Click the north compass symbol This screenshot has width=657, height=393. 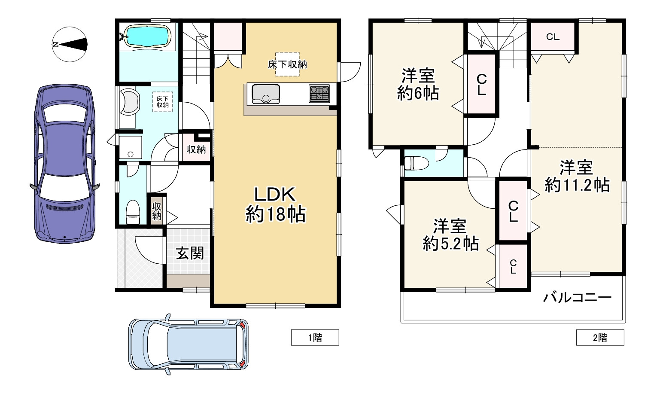(x=70, y=44)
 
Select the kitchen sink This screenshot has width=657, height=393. (x=266, y=94)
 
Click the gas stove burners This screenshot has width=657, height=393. (x=319, y=93)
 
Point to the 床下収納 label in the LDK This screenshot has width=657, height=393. (x=287, y=64)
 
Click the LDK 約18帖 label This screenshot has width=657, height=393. (x=275, y=204)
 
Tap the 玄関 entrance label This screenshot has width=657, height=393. (x=190, y=253)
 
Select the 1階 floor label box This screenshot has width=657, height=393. (x=315, y=338)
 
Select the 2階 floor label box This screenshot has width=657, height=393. (x=600, y=338)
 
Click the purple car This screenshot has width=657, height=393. (x=64, y=164)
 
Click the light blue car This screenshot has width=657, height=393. (x=189, y=344)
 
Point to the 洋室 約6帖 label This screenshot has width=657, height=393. (x=418, y=85)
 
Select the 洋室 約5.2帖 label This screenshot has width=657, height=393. (x=450, y=235)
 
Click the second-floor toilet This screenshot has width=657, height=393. (x=416, y=163)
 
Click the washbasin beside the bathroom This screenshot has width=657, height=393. (x=129, y=101)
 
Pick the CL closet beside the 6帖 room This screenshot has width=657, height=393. (x=481, y=85)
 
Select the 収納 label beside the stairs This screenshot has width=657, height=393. (x=196, y=149)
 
